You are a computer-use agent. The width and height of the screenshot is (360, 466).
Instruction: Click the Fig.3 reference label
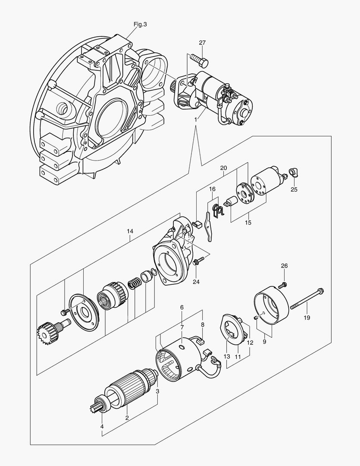click(x=140, y=25)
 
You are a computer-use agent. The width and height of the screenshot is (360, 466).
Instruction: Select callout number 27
click(x=202, y=42)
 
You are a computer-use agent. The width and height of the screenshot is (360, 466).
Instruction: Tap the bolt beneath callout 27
click(x=199, y=60)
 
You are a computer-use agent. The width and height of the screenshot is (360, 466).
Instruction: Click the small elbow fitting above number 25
click(x=294, y=173)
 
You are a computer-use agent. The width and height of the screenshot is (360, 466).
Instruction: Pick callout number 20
click(x=223, y=167)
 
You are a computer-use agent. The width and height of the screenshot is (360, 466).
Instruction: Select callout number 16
click(x=212, y=189)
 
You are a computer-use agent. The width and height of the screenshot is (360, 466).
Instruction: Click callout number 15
click(x=248, y=223)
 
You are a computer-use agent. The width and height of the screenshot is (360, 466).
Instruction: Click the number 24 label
click(x=196, y=282)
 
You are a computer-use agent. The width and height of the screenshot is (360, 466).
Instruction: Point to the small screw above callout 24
click(x=197, y=261)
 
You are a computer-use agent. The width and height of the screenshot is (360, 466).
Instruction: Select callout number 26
click(x=284, y=265)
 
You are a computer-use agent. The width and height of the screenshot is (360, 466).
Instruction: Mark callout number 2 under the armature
click(x=127, y=418)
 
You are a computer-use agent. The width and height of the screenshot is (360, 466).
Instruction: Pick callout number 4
click(x=102, y=427)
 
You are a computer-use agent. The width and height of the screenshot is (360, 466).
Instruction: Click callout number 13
click(x=227, y=356)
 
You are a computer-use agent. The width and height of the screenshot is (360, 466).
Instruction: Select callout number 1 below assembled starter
click(x=196, y=119)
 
